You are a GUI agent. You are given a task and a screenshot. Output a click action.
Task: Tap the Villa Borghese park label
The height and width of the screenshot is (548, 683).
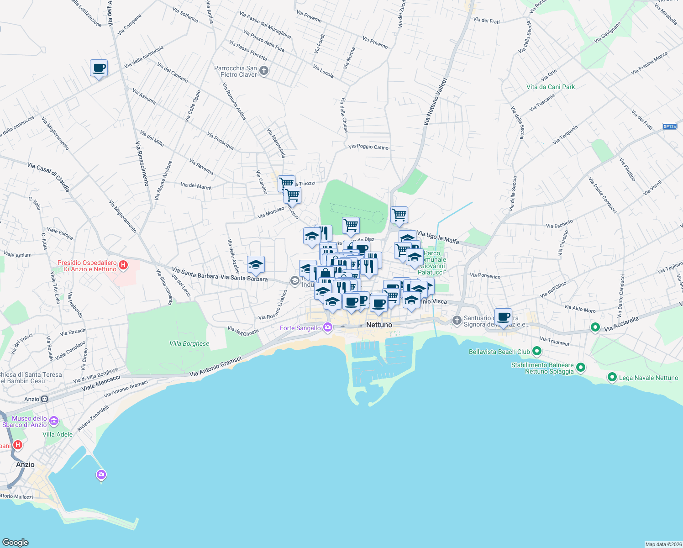pos(189,343)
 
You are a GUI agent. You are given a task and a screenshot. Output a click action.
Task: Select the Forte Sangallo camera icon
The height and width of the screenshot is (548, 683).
pos(327,327)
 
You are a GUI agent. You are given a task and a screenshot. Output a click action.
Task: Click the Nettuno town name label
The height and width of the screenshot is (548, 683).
pos(379,325)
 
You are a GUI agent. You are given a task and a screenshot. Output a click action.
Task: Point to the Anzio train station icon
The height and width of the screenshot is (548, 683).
pos(44,399)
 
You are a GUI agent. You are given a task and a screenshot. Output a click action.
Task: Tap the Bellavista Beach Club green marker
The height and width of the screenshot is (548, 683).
pos(537,351)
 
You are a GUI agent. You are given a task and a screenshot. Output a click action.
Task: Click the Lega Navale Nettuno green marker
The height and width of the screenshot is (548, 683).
pos(612,377)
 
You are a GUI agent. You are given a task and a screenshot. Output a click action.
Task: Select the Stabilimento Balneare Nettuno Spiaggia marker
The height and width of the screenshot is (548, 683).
pos(581,367)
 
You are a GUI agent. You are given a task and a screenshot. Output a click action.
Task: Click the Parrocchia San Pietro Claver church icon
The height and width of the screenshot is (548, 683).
pos(264,71)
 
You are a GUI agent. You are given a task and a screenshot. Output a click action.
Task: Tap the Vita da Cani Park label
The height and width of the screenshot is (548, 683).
pos(550,87)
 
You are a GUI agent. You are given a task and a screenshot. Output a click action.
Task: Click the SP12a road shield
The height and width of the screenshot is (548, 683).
pos(669,126)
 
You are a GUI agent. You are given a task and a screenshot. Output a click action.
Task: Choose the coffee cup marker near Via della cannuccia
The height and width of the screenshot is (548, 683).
pos(99,68)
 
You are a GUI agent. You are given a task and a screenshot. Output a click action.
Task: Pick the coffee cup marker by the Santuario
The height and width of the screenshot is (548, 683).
pos(503,317)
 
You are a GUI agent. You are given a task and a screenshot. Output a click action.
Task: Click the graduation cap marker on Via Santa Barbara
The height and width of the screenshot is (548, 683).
pos(256,264)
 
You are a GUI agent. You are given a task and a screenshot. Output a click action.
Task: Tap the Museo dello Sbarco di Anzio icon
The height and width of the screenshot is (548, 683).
pos(54,421)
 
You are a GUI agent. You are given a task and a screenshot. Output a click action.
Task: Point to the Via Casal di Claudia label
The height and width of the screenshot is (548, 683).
pos(48,176)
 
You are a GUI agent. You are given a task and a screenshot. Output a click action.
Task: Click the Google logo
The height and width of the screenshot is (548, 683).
pos(16,543)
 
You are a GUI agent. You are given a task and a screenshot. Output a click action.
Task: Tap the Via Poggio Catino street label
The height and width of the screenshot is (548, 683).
pos(368,147)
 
